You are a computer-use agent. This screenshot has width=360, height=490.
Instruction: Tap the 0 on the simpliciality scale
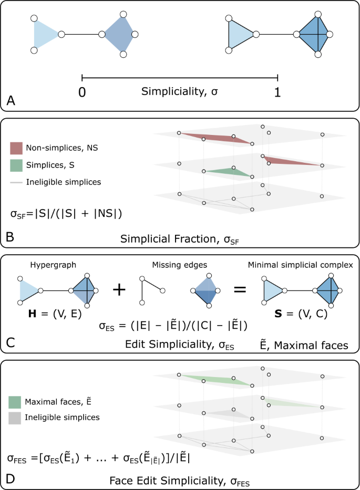(x=82, y=91)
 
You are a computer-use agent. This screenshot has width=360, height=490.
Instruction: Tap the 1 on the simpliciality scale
(x=277, y=91)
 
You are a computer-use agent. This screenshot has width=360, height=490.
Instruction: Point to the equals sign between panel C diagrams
(x=240, y=289)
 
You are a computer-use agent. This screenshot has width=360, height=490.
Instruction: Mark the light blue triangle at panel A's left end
(x=44, y=35)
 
